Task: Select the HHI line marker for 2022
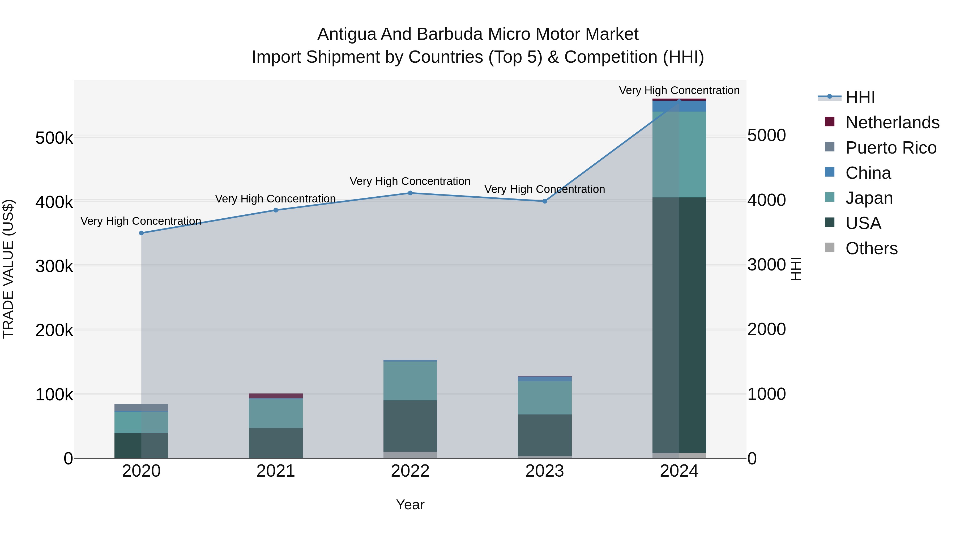click(x=410, y=193)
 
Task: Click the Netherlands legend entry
click(x=892, y=122)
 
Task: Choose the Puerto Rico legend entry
click(x=891, y=148)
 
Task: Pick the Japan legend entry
click(x=869, y=198)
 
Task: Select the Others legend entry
click(x=871, y=248)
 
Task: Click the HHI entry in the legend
click(x=860, y=97)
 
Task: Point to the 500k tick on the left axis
click(x=54, y=138)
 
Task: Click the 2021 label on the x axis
click(x=276, y=471)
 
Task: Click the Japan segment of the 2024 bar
click(x=679, y=154)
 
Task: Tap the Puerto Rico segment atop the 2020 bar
click(x=141, y=408)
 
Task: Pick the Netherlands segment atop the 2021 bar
click(x=276, y=396)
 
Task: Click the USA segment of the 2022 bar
click(x=410, y=426)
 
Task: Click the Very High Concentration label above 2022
click(x=410, y=181)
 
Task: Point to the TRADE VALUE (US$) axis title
click(x=8, y=269)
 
